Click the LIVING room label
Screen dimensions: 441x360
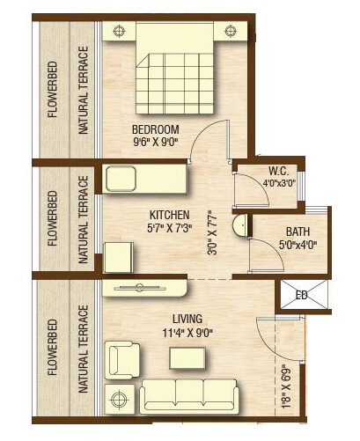pos(188,318)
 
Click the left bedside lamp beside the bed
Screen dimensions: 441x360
pos(118,31)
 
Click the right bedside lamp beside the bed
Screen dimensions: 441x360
pos(231,31)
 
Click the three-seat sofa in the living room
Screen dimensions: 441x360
pos(193,395)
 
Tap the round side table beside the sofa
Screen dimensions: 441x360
pos(116,398)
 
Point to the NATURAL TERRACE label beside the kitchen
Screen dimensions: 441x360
pos(84,219)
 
